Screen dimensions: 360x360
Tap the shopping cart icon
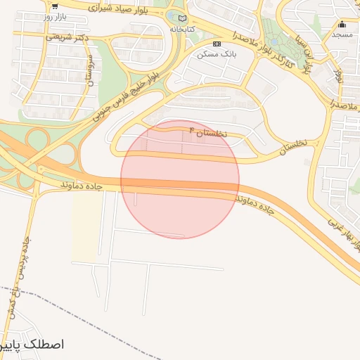(54, 6)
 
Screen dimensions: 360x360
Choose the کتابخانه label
(183, 30)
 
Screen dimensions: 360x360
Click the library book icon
(183, 19)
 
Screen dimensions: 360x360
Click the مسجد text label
(342, 34)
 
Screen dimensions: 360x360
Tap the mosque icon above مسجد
(342, 24)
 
